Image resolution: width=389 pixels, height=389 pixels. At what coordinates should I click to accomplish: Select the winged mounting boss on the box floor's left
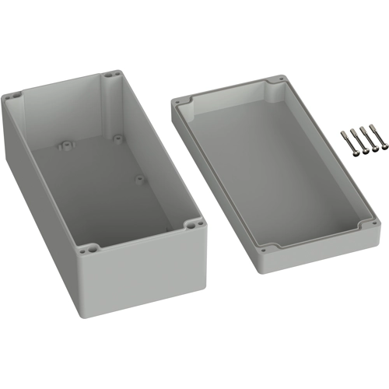[65, 145]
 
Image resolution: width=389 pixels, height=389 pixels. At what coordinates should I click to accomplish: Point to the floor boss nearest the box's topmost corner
[117, 138]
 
